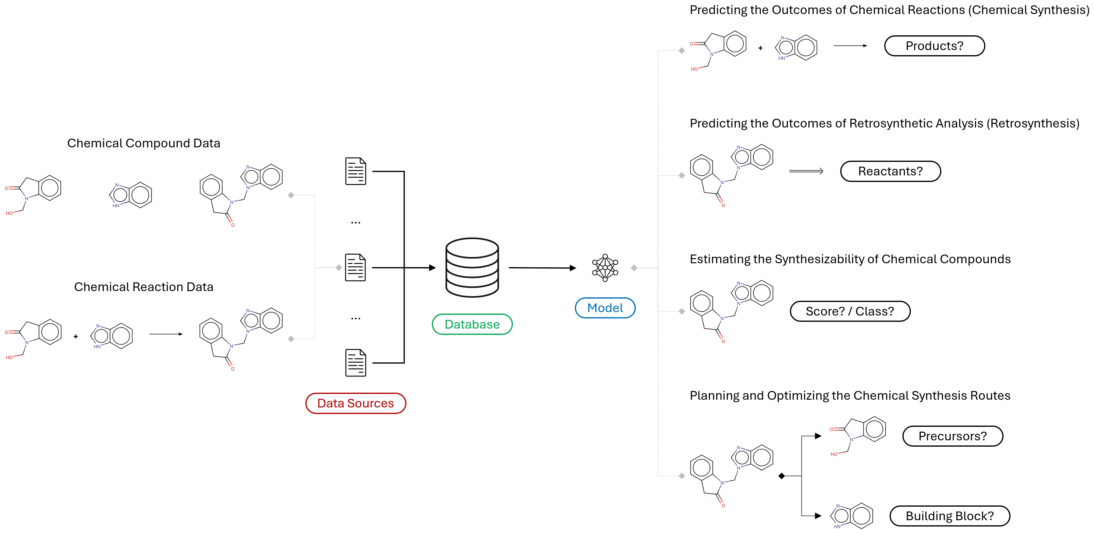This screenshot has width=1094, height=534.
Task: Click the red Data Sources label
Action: tap(355, 403)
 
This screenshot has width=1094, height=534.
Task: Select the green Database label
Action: tap(472, 324)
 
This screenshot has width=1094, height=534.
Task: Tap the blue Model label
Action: tap(605, 308)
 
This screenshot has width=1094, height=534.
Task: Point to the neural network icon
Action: tap(605, 268)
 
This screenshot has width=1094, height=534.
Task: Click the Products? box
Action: tap(934, 46)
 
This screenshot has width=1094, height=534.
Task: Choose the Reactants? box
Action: tap(891, 171)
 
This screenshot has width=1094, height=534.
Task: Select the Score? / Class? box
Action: tap(850, 311)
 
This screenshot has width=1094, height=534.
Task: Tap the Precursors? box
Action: tap(952, 436)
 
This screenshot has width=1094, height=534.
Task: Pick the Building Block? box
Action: tap(950, 516)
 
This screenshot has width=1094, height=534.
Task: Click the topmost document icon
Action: tap(355, 171)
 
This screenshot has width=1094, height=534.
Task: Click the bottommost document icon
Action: tap(355, 363)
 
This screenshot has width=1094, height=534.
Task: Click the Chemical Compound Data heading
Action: tap(143, 143)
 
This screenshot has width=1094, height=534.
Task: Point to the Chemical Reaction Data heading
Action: tap(143, 287)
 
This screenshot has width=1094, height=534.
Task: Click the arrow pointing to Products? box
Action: tap(850, 46)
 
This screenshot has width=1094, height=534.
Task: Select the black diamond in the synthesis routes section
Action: tap(781, 476)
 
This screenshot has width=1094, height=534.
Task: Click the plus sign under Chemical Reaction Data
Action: tap(75, 337)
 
